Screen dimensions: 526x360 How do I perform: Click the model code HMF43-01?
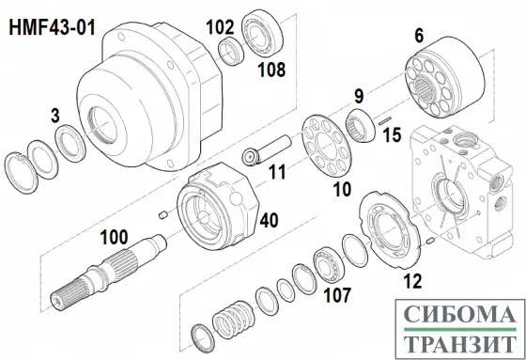click(x=53, y=27)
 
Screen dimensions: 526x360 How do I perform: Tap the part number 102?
click(x=220, y=27)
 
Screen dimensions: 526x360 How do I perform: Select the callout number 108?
click(x=271, y=70)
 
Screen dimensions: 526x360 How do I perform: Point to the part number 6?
click(x=419, y=36)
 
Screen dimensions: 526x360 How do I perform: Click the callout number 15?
click(x=392, y=135)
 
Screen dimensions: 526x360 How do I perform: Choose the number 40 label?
click(x=269, y=220)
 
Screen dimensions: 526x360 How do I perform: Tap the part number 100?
click(x=114, y=237)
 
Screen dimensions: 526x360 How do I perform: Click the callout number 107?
click(x=337, y=295)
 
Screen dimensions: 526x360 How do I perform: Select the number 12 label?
click(x=412, y=281)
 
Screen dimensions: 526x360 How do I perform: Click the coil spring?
click(x=234, y=320)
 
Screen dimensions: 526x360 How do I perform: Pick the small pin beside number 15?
click(x=385, y=120)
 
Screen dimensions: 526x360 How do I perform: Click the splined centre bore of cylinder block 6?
click(x=425, y=88)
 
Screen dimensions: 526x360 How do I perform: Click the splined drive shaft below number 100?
click(x=109, y=272)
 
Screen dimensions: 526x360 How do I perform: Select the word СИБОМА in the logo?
click(x=459, y=314)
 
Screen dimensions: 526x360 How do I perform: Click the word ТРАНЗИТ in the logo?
click(x=459, y=343)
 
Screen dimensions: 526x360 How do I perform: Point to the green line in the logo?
click(x=459, y=329)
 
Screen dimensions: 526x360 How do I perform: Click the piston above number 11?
click(x=267, y=150)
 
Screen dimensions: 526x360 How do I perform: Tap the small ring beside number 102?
click(x=231, y=51)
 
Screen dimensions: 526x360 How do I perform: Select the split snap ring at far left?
click(x=21, y=173)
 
